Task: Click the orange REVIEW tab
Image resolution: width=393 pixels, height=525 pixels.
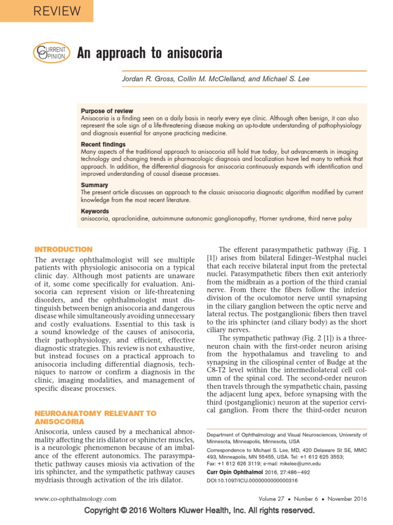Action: [x=46, y=11]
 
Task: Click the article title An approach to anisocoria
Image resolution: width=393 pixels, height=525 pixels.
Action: [x=149, y=53]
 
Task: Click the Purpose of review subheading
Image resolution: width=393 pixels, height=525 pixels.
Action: [x=107, y=111]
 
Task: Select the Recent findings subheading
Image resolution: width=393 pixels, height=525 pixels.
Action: [x=103, y=145]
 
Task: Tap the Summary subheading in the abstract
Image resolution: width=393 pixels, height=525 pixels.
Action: [x=95, y=185]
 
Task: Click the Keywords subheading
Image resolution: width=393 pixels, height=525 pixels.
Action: [x=95, y=211]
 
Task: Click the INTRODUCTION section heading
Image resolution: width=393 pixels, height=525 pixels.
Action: [x=63, y=249]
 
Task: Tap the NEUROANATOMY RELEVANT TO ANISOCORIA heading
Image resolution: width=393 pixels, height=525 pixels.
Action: [x=95, y=417]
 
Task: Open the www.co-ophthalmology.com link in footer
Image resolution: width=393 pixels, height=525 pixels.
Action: [x=75, y=498]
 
